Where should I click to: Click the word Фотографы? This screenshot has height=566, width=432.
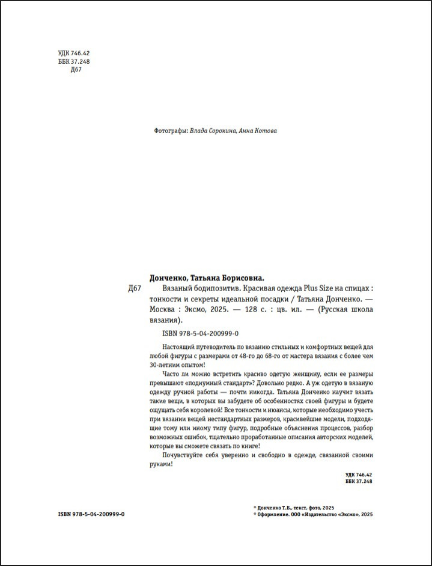[x=171, y=131]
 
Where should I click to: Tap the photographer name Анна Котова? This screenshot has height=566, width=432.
[x=258, y=131]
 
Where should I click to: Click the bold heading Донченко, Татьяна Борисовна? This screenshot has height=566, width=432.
[x=207, y=278]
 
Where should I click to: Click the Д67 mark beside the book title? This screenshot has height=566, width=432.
[x=135, y=289]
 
